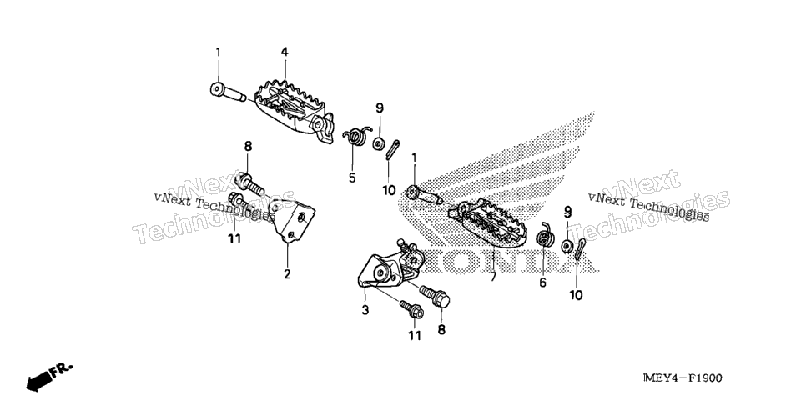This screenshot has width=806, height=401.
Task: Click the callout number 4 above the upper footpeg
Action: (285, 52)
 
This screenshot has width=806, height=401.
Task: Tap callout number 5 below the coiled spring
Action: (352, 178)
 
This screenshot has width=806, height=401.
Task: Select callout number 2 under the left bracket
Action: (287, 274)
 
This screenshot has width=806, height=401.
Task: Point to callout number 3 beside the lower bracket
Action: (365, 310)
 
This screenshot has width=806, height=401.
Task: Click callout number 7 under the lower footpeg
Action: (493, 278)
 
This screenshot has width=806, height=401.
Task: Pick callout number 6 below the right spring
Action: (543, 283)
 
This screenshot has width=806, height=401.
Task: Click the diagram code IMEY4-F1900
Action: (683, 378)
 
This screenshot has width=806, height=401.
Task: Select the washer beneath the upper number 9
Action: (378, 143)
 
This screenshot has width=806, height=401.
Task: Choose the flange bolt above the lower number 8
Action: (436, 295)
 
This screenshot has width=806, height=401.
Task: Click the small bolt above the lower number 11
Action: (411, 308)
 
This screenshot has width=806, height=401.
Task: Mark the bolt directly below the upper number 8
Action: (249, 184)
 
